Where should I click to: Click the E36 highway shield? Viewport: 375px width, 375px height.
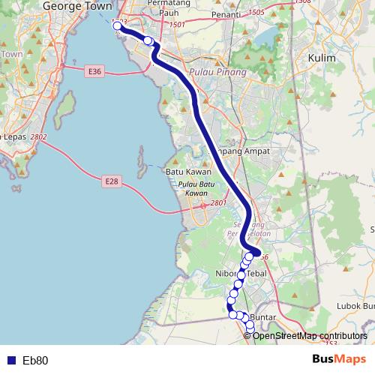[94, 71]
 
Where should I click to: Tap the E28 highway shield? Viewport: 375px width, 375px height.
[111, 181]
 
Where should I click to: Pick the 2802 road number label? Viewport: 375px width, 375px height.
[39, 136]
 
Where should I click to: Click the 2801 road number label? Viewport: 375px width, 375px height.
[218, 202]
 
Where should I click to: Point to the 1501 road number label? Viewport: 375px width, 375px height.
[177, 25]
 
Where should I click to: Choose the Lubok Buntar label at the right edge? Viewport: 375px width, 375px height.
[356, 305]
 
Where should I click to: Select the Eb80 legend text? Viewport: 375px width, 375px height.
[35, 361]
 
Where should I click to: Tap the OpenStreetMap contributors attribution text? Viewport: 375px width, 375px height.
[310, 335]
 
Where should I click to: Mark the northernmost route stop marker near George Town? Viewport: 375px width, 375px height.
[118, 26]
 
